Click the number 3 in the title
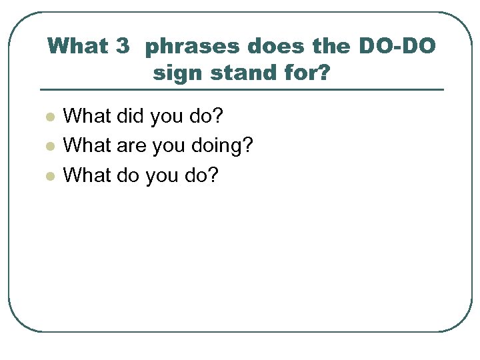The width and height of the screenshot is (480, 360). (x=122, y=47)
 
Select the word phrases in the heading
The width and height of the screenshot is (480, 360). (x=191, y=47)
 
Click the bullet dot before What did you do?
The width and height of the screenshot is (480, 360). (x=49, y=117)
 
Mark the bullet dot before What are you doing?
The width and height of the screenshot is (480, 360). (x=49, y=147)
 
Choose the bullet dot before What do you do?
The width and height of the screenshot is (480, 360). (x=49, y=176)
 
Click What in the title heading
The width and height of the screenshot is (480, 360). (x=77, y=47)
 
